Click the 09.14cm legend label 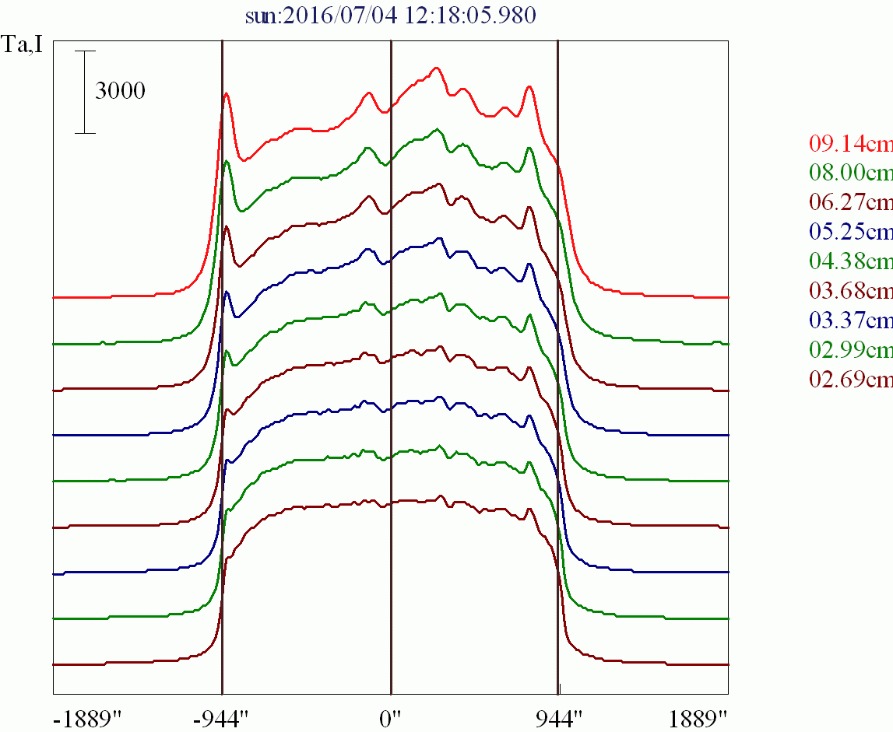851,144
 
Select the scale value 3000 120,92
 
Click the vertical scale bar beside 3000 86,92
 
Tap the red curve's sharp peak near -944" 227,93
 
